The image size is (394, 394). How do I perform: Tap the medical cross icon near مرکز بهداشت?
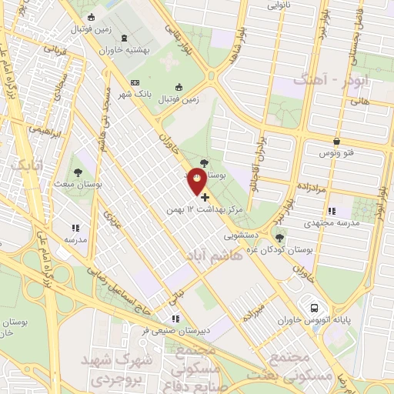point(205,198)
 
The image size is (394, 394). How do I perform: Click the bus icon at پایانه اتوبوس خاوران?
point(313,306)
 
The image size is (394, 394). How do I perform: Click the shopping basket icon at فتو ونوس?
point(337,141)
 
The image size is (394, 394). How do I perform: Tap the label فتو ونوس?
point(339,154)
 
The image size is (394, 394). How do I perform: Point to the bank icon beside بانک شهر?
point(135,82)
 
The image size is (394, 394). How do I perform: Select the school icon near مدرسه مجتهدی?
point(331,211)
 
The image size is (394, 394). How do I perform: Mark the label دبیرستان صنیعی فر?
point(175,331)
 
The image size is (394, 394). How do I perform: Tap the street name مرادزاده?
point(314,188)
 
